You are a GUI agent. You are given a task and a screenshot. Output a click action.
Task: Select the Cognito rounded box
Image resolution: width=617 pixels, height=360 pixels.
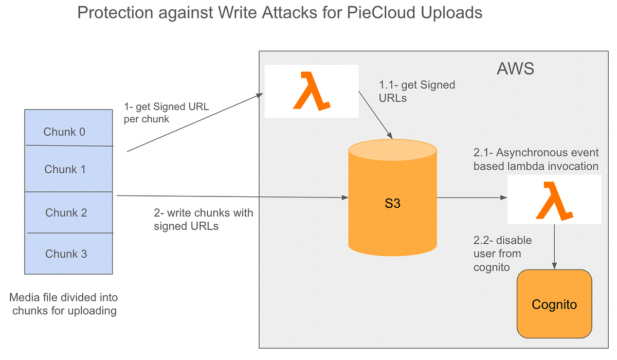pyautogui.click(x=554, y=304)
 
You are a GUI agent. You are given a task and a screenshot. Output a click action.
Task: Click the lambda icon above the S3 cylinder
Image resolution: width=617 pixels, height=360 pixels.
pyautogui.click(x=311, y=91)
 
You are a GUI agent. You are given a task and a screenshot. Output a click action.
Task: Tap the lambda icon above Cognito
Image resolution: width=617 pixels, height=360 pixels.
pyautogui.click(x=554, y=200)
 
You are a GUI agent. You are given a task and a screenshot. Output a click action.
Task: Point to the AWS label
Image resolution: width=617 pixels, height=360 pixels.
pyautogui.click(x=515, y=68)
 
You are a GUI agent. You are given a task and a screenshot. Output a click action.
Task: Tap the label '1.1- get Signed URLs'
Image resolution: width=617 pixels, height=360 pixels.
pyautogui.click(x=416, y=91)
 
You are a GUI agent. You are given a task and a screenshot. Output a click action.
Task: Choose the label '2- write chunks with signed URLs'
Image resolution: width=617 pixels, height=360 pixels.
pyautogui.click(x=203, y=219)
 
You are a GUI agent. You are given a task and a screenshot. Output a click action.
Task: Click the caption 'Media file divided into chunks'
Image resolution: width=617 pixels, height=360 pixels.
pyautogui.click(x=64, y=304)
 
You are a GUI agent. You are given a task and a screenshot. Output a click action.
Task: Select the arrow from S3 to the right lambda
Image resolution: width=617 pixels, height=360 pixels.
pyautogui.click(x=470, y=197)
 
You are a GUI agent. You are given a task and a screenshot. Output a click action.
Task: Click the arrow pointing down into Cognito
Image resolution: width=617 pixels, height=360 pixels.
pyautogui.click(x=555, y=247)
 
